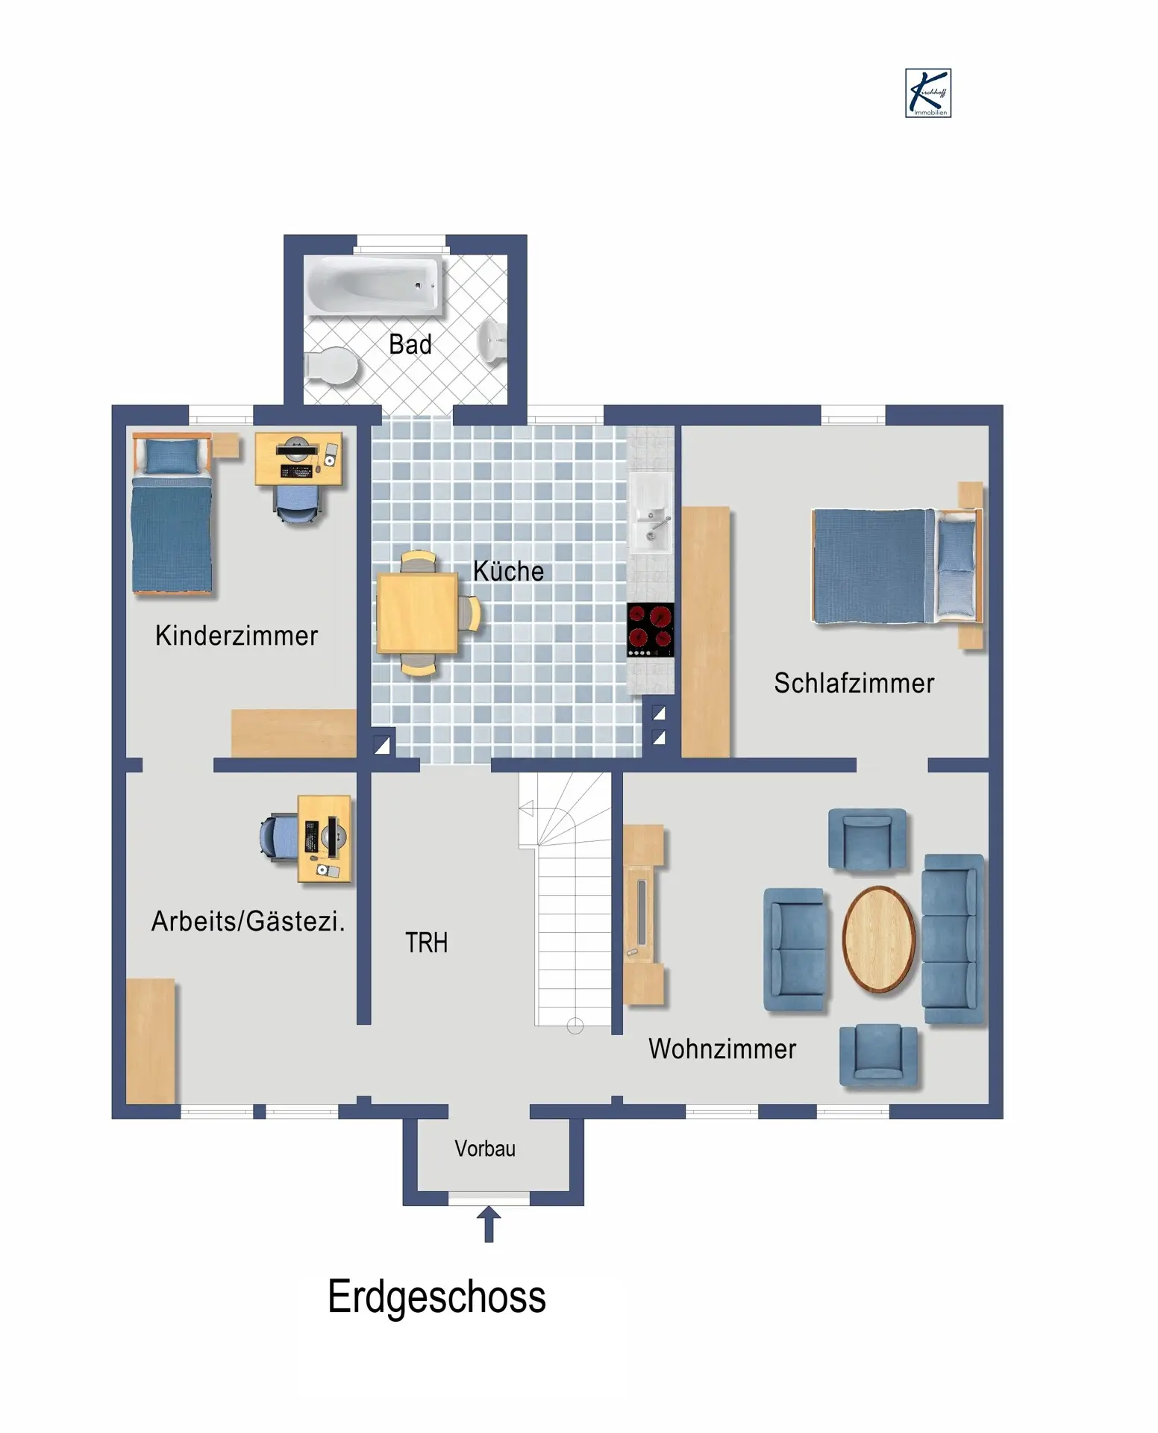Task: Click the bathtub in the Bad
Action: (x=373, y=285)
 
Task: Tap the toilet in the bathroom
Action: (x=331, y=366)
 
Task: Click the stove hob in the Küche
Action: (x=650, y=630)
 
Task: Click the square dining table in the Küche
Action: (x=417, y=613)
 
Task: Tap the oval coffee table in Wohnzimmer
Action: (x=879, y=939)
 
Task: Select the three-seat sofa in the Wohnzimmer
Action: (x=953, y=939)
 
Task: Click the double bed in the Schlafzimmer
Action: (x=896, y=566)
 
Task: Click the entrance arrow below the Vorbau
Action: (x=489, y=1224)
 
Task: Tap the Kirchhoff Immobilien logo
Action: (x=928, y=93)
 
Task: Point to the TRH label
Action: (x=427, y=943)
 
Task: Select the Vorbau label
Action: (x=485, y=1149)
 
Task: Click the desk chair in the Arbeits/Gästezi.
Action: (x=279, y=837)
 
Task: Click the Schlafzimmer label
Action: (x=854, y=683)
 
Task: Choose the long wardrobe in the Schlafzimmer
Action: (x=706, y=631)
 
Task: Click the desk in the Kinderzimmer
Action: (x=298, y=459)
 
